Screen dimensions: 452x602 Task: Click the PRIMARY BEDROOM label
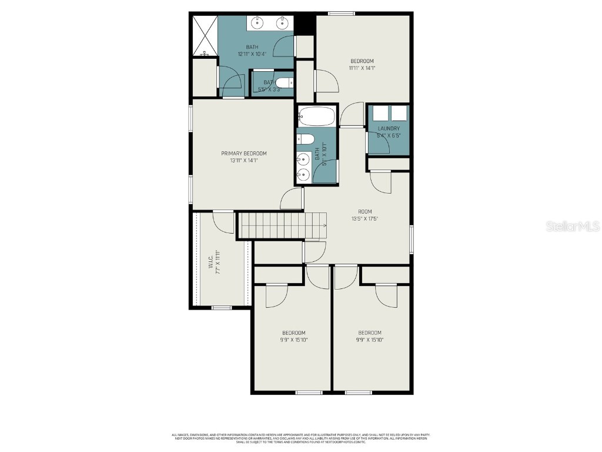[x=244, y=154]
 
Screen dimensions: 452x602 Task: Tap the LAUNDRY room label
[x=389, y=128]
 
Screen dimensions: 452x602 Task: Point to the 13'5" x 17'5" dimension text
[x=364, y=218]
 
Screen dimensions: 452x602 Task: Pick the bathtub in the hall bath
[x=316, y=117]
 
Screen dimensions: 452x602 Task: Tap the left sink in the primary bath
[x=257, y=23]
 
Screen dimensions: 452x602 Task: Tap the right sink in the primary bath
[x=283, y=23]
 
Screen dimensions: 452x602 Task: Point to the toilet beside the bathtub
[x=305, y=139]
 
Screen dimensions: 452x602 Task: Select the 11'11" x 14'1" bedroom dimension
[x=362, y=68]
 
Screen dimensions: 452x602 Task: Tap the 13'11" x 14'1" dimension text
[x=244, y=161]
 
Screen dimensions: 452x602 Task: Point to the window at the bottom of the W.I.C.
[x=222, y=307]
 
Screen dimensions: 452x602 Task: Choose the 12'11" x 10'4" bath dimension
[x=252, y=54]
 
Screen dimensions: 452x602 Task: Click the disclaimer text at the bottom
[x=301, y=438]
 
